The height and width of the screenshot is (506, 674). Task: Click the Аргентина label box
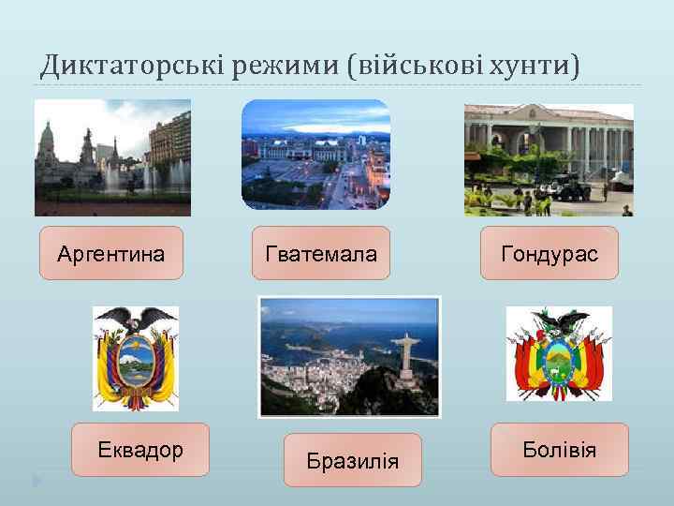click(x=110, y=253)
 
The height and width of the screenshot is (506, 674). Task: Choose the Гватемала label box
click(x=321, y=253)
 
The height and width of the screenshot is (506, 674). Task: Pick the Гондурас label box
click(x=549, y=253)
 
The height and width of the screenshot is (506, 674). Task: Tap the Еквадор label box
click(x=140, y=450)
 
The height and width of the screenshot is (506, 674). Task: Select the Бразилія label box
click(x=353, y=460)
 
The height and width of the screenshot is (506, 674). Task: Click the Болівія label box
click(x=559, y=450)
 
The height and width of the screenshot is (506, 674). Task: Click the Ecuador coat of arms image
click(x=136, y=358)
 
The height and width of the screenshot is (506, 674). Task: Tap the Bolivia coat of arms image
click(x=559, y=354)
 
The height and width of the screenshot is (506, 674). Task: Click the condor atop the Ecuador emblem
click(x=136, y=320)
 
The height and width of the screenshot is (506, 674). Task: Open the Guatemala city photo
click(x=315, y=155)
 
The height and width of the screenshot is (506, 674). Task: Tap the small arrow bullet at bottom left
click(x=37, y=481)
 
